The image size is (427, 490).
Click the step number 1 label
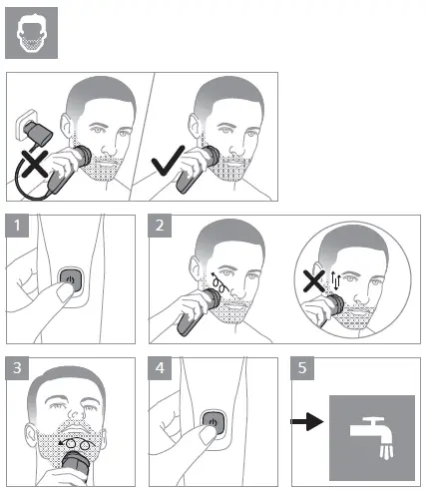pos(17,226)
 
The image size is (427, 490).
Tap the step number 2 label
pos(160,226)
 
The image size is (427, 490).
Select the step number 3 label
pos(17,368)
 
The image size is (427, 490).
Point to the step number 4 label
pos(160,368)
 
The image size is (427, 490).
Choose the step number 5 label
pos(302,368)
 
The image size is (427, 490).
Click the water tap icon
pos(372,438)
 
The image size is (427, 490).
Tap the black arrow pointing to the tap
pos(306,422)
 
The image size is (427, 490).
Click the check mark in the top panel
pos(168,161)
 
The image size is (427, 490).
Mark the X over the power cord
pos(35,163)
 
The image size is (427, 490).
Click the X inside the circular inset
pos(313,281)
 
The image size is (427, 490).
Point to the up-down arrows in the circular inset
pos(335,281)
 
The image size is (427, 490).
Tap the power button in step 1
pos(70,279)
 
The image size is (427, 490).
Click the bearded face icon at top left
pos(31,33)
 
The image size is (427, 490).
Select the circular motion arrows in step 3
pos(77,443)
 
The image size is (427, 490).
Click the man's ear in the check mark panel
pos(194,127)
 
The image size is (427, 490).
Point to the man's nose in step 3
pos(77,413)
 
